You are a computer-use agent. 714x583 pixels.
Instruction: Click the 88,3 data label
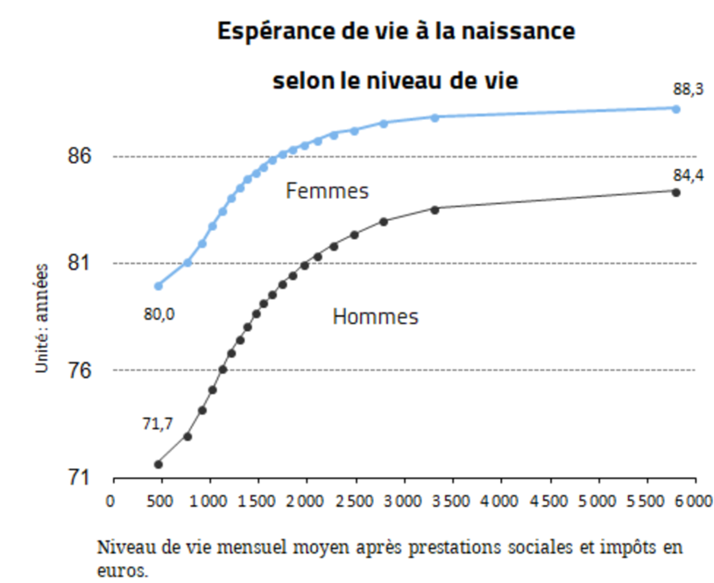[x=689, y=88]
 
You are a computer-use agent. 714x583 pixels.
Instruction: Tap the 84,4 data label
[x=689, y=175]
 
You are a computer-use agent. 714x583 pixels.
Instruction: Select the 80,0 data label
[x=159, y=313]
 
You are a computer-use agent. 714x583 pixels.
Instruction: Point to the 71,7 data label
[x=158, y=425]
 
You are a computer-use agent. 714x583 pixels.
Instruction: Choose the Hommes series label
[x=376, y=317]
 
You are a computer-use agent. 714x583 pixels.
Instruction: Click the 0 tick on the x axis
[x=110, y=501]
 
